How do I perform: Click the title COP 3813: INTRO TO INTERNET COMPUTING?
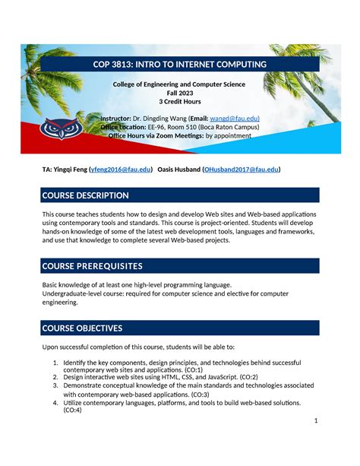click(x=180, y=65)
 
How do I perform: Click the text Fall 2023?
click(x=180, y=92)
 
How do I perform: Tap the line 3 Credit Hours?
click(x=180, y=101)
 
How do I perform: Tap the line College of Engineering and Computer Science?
click(x=180, y=84)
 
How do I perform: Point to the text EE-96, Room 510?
click(x=182, y=128)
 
